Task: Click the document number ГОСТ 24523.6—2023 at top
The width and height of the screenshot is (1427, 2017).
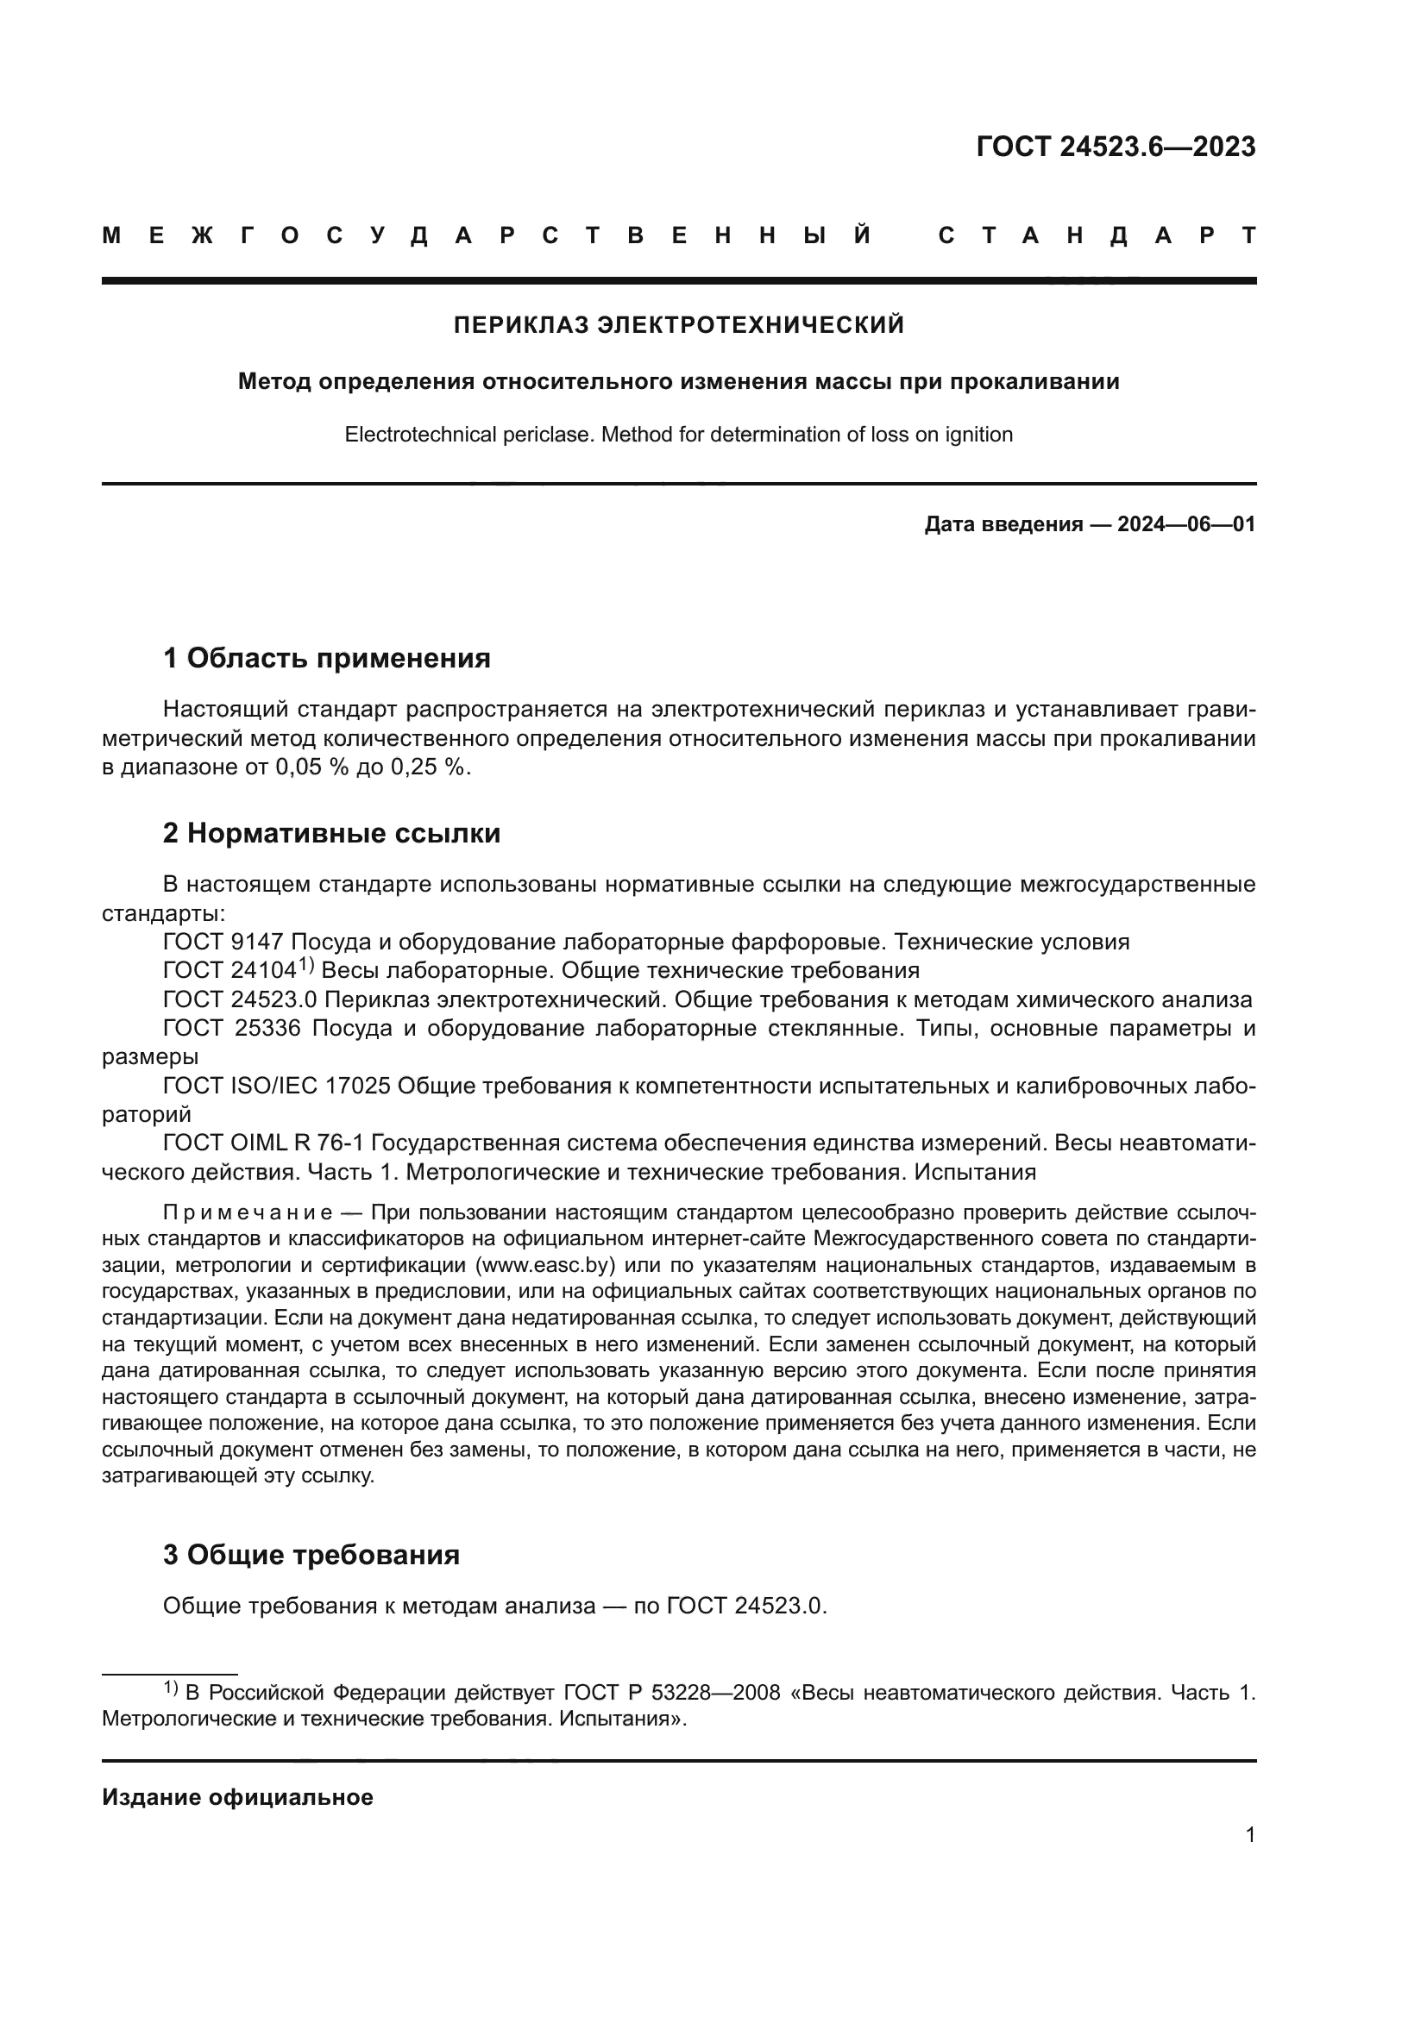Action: tap(1115, 147)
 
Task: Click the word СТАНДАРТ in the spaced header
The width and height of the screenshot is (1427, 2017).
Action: tap(1097, 235)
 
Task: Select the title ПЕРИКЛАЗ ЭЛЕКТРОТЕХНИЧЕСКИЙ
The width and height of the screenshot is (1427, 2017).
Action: tap(678, 325)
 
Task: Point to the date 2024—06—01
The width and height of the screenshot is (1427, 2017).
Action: tap(1185, 524)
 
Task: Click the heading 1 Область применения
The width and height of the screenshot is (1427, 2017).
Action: tap(326, 657)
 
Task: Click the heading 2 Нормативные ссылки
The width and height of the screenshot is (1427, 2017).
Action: tap(331, 833)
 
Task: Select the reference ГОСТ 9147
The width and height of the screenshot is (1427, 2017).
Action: tap(223, 942)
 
